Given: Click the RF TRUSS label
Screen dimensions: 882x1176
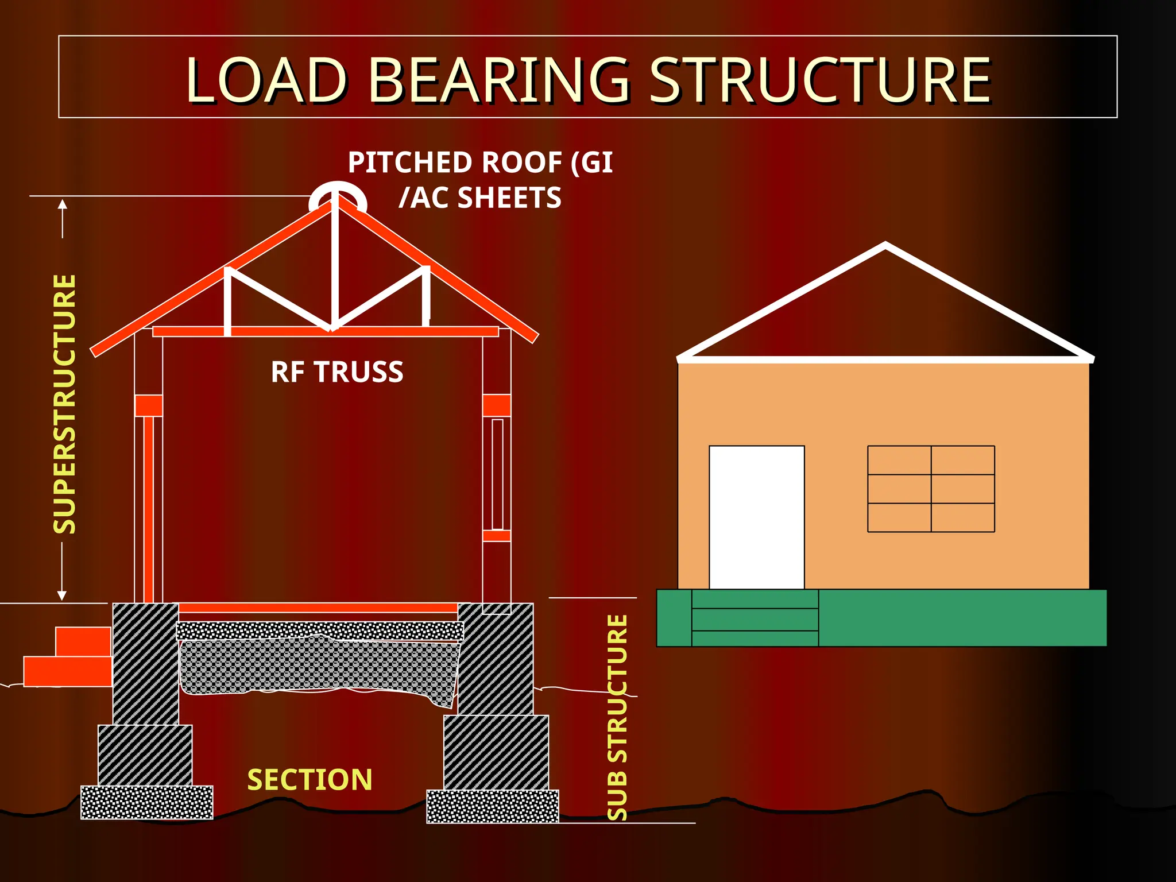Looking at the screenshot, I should pyautogui.click(x=337, y=372).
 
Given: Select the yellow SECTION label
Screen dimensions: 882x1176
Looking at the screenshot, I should pyautogui.click(x=310, y=780).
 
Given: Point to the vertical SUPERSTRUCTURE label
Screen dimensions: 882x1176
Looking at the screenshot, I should pyautogui.click(x=65, y=404).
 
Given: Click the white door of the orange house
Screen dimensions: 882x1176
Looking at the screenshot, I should pyautogui.click(x=756, y=517).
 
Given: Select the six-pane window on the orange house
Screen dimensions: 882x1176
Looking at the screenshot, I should pyautogui.click(x=931, y=489).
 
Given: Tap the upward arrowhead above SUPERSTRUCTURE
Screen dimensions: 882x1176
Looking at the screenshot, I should pyautogui.click(x=63, y=204).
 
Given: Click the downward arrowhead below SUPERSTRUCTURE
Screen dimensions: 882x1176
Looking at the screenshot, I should pyautogui.click(x=62, y=595).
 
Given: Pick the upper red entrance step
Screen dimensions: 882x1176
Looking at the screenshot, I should pyautogui.click(x=83, y=641).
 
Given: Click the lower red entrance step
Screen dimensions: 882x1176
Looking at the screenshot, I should pyautogui.click(x=68, y=671).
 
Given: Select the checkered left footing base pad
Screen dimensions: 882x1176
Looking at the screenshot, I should pyautogui.click(x=147, y=802).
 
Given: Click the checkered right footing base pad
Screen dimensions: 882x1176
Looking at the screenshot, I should pyautogui.click(x=493, y=806).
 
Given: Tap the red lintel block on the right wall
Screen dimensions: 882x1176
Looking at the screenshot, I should pyautogui.click(x=497, y=405).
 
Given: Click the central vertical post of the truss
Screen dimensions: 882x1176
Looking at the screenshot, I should pyautogui.click(x=334, y=264).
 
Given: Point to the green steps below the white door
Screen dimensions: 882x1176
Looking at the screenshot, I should pyautogui.click(x=755, y=619).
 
